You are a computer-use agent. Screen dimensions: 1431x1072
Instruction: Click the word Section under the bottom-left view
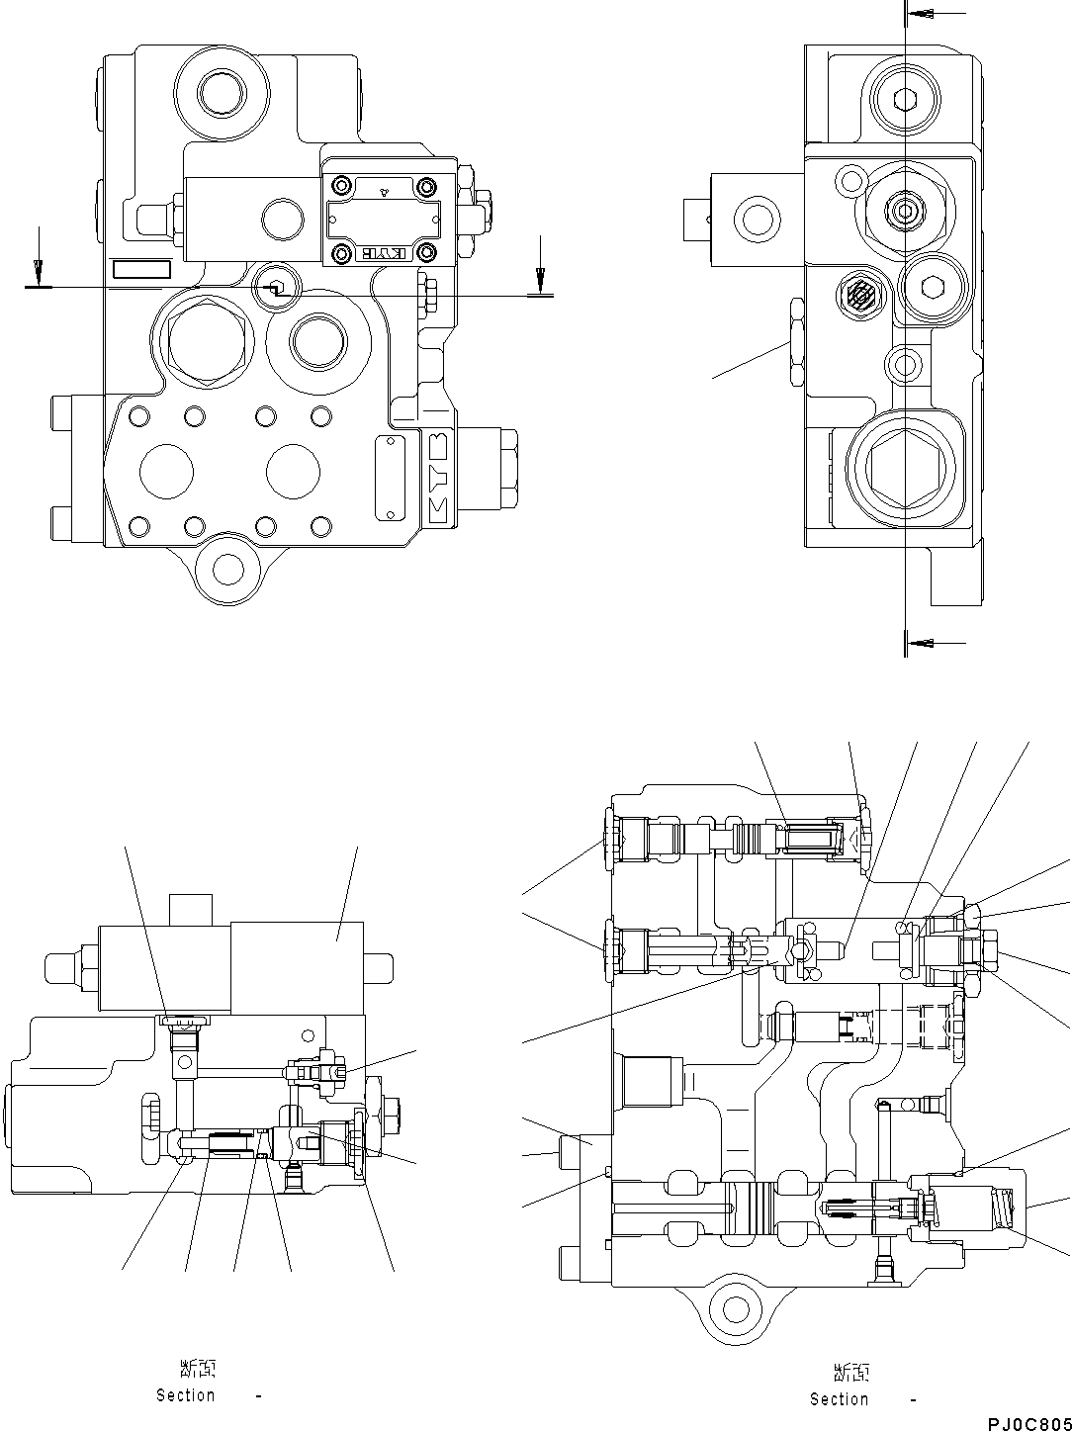click(x=186, y=1395)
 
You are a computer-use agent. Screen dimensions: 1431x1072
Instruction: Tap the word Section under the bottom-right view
click(x=840, y=1399)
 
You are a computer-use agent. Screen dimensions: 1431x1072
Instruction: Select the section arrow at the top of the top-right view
click(x=923, y=14)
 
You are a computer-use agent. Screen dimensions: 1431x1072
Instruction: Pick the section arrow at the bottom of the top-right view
click(x=923, y=643)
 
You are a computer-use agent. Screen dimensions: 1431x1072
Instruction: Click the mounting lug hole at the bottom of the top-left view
click(x=228, y=569)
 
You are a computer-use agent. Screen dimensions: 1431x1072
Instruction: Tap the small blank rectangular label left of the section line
click(x=141, y=270)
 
